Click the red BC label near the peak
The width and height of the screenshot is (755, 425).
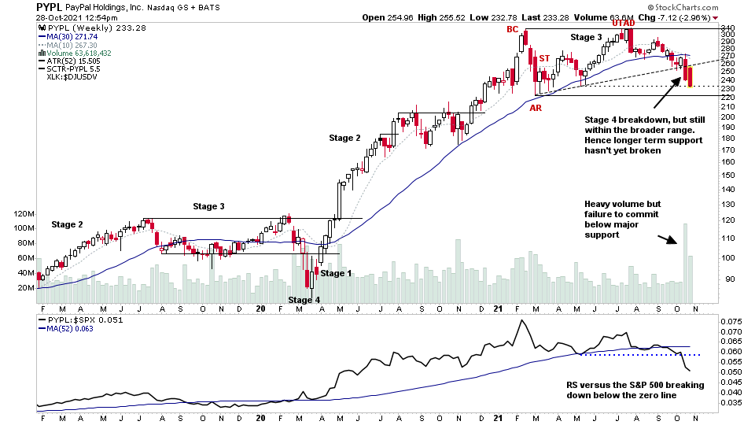[512, 29]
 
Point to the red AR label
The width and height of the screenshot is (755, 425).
[535, 106]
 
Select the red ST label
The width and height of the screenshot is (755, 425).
[543, 58]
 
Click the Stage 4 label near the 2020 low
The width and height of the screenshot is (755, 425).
[304, 300]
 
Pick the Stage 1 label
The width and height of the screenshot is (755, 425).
[337, 273]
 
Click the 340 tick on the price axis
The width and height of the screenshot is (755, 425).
[728, 28]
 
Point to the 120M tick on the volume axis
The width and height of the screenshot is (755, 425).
[24, 213]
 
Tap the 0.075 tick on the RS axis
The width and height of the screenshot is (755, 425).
[731, 322]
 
